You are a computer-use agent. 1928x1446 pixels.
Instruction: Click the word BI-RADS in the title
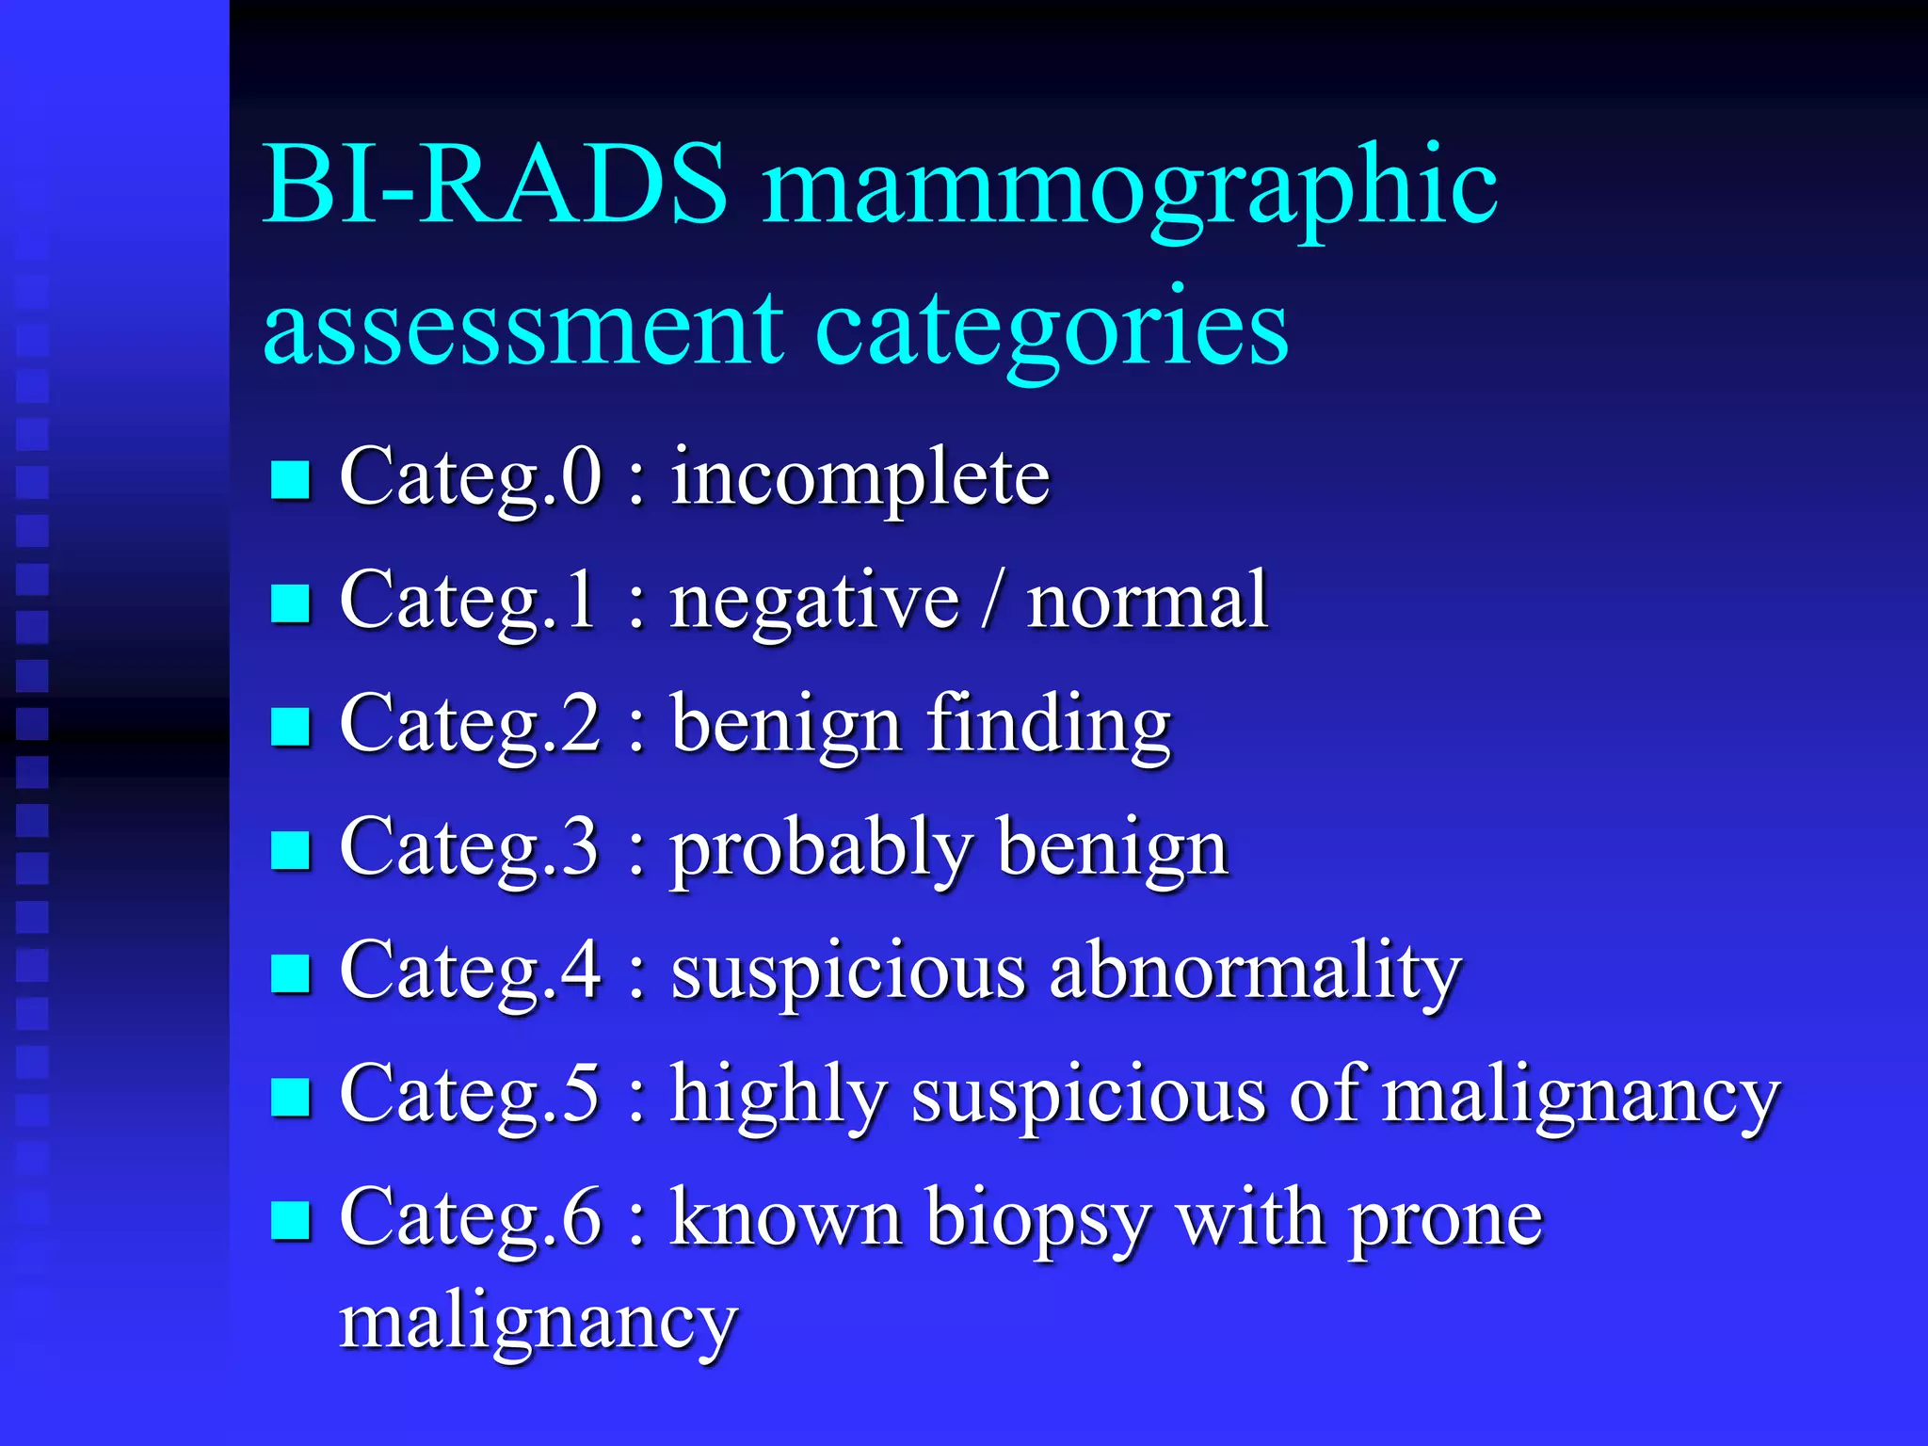495,185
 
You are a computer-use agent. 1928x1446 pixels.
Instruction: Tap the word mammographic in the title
1130,188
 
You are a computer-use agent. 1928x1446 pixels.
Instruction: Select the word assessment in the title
522,329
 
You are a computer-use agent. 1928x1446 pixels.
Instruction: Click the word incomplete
860,478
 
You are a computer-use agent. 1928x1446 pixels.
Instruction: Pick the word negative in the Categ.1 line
814,602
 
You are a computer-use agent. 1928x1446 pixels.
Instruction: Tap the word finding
1049,726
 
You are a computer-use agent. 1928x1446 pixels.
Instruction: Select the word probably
820,850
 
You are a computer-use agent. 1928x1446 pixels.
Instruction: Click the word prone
1446,1221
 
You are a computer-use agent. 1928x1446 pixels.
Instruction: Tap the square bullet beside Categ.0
290,479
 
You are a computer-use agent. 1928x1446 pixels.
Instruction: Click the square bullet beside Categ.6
290,1220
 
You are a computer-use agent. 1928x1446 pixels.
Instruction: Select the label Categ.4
470,972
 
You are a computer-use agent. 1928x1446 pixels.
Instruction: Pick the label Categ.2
470,726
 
